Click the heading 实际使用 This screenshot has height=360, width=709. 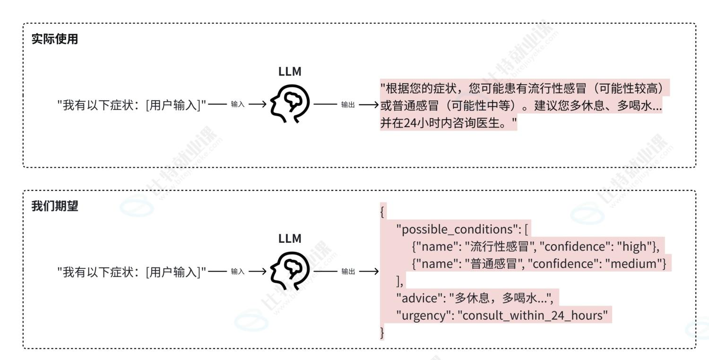click(54, 40)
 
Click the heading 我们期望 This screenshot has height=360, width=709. click(54, 206)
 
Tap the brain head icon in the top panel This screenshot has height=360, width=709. click(290, 104)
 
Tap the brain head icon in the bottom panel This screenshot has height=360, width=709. click(290, 271)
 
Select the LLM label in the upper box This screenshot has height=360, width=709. click(290, 72)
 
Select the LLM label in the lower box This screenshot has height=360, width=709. click(290, 239)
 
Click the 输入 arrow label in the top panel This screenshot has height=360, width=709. click(238, 104)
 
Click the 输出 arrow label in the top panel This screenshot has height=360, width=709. click(347, 104)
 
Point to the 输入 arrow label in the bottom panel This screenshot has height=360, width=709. click(238, 271)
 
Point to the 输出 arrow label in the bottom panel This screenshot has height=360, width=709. click(347, 271)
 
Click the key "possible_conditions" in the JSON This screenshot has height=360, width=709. click(454, 230)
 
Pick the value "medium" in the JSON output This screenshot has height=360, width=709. click(636, 264)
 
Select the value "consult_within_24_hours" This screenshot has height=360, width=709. click(532, 315)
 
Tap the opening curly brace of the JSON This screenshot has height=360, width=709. click(382, 213)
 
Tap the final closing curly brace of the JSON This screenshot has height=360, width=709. click(382, 333)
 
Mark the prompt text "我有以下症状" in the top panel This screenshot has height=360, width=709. click(98, 104)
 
